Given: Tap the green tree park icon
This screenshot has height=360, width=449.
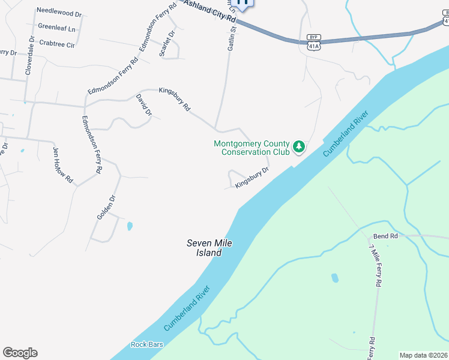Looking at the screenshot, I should pyautogui.click(x=299, y=146).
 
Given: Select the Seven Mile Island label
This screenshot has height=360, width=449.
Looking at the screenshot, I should pyautogui.click(x=209, y=248).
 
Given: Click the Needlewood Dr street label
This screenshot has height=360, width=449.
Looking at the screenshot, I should pyautogui.click(x=59, y=12).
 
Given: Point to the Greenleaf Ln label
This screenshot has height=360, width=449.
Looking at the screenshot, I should pyautogui.click(x=56, y=28).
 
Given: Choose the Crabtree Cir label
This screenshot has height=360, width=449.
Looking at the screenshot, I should pyautogui.click(x=56, y=44).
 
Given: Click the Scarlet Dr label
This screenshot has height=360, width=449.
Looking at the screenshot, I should pyautogui.click(x=167, y=43).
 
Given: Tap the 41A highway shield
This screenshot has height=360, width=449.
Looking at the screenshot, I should pyautogui.click(x=312, y=45).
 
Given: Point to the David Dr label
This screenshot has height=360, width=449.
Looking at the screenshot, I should pyautogui.click(x=143, y=104).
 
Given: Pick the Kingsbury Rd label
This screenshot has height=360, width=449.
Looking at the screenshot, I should pyautogui.click(x=174, y=99).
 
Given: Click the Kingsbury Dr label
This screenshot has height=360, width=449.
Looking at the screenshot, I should pyautogui.click(x=252, y=177).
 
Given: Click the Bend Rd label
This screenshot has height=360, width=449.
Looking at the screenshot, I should pyautogui.click(x=385, y=236).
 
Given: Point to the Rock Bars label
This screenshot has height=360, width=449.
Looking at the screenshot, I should pyautogui.click(x=147, y=344).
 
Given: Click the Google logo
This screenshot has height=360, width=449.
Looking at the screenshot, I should pyautogui.click(x=20, y=353).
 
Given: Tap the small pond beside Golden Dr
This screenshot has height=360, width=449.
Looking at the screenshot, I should pyautogui.click(x=130, y=226).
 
